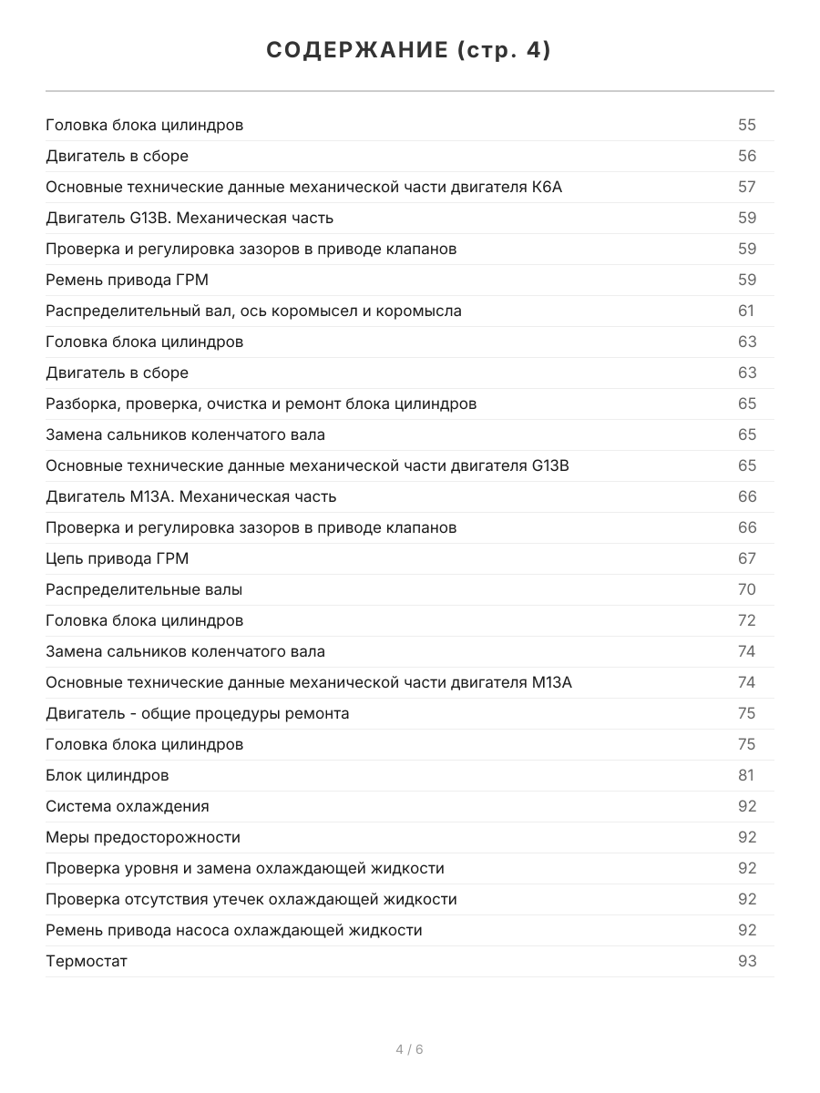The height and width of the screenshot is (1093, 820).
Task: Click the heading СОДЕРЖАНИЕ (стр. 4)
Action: [x=409, y=51]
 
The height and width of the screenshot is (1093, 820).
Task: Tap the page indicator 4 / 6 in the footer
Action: [x=409, y=1049]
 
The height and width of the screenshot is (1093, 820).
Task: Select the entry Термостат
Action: [x=87, y=961]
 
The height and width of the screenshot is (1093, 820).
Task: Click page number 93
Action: [x=747, y=961]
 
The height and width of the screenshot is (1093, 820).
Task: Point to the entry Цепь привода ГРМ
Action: [x=118, y=558]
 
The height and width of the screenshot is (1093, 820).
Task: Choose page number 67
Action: [x=747, y=558]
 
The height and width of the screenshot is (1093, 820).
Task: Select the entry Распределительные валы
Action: [x=144, y=589]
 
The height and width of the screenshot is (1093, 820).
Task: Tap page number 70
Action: [x=747, y=589]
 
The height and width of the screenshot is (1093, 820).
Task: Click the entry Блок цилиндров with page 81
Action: [x=108, y=775]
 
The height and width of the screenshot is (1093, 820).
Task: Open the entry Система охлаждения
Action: [x=128, y=806]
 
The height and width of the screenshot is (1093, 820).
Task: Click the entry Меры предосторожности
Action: [x=143, y=837]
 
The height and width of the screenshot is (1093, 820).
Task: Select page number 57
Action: [x=747, y=187]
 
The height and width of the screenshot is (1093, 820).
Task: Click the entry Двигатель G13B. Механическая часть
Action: [x=190, y=218]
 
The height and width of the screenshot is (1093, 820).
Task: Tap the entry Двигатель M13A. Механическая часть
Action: [x=191, y=496]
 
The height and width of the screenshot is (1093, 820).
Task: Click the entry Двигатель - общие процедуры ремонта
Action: [x=198, y=713]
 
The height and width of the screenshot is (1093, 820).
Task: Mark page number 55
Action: [x=747, y=125]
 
